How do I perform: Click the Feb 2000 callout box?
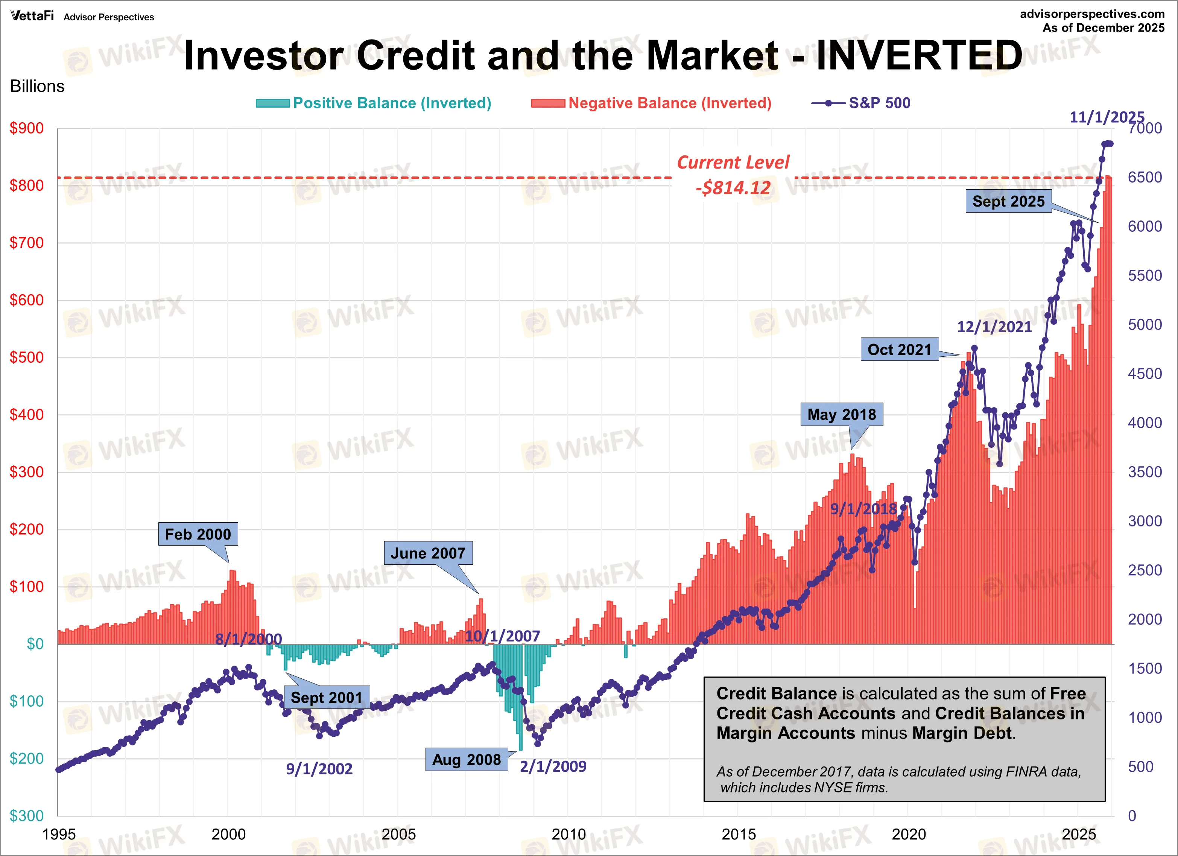[198, 534]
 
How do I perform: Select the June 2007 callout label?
[428, 553]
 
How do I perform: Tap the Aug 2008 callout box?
[467, 759]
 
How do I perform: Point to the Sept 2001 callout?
[327, 698]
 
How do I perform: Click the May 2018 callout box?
[841, 415]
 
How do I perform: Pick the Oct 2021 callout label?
[900, 350]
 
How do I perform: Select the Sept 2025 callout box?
[1008, 201]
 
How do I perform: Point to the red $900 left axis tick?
[27, 128]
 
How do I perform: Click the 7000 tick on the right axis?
[1145, 128]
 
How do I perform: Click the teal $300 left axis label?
[27, 815]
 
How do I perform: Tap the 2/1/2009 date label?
[553, 766]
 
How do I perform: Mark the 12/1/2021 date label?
[994, 327]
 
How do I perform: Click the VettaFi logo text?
[32, 16]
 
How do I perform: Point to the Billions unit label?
[37, 86]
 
